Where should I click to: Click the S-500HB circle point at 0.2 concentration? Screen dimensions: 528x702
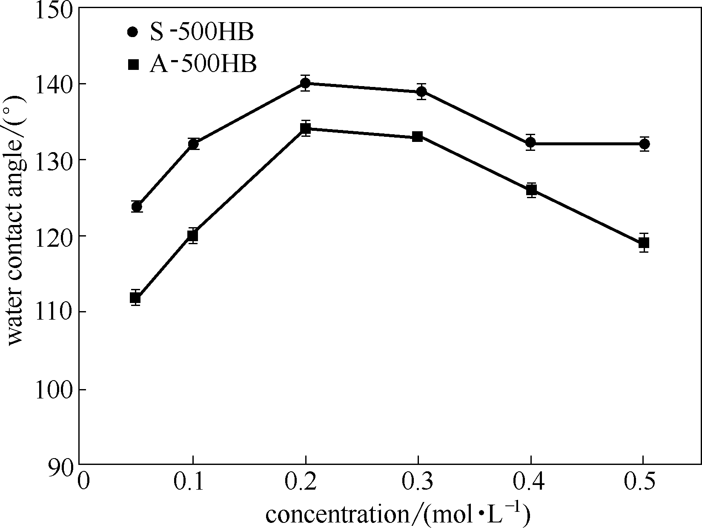click(x=305, y=83)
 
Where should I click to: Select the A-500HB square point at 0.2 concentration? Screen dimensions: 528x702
click(x=305, y=128)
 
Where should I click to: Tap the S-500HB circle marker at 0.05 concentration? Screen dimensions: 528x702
click(x=137, y=207)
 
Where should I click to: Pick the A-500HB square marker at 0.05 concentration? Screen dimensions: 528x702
click(x=135, y=298)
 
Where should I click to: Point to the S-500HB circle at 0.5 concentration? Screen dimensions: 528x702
click(x=644, y=144)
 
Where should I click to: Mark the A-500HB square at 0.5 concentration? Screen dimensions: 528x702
click(x=644, y=243)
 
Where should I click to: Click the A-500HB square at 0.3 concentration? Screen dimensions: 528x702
click(x=418, y=136)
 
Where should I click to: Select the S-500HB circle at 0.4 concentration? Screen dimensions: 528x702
click(x=530, y=143)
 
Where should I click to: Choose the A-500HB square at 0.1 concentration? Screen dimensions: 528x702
click(x=193, y=235)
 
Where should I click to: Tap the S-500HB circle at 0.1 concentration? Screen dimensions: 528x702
click(x=193, y=144)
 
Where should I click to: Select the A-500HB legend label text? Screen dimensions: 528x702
click(x=203, y=65)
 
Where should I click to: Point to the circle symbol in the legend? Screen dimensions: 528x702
click(x=133, y=32)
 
